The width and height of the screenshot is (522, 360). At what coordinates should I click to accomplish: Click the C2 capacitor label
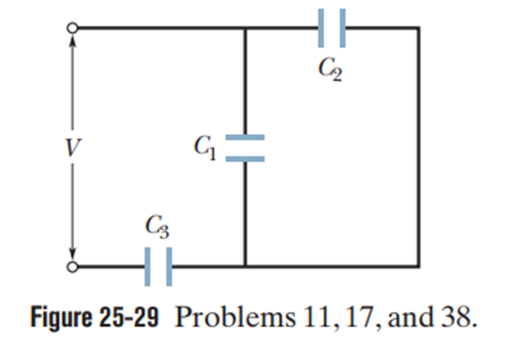(329, 69)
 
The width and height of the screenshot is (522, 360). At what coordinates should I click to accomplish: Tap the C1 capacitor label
(205, 148)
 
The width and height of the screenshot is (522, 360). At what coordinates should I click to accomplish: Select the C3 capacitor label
(157, 227)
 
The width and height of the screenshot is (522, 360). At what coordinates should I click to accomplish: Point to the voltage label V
(72, 147)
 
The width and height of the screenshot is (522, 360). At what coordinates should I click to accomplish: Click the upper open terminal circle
(72, 28)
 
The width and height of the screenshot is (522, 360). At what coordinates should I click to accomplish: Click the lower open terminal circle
(72, 267)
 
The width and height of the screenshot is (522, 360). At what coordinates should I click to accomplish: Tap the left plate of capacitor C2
(320, 28)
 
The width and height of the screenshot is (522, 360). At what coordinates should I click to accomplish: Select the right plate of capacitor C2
(342, 28)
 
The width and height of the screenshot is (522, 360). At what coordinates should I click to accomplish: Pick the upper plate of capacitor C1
(245, 137)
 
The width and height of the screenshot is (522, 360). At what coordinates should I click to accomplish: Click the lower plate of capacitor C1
(245, 159)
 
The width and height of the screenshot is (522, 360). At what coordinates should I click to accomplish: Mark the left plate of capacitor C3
(147, 267)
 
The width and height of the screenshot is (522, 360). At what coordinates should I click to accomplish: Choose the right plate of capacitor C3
(169, 267)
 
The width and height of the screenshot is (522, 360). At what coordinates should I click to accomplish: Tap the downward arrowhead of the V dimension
(73, 254)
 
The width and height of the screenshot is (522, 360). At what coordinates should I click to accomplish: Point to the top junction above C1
(245, 28)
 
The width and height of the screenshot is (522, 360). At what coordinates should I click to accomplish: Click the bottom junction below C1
(245, 267)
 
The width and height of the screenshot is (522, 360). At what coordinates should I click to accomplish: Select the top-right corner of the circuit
(418, 28)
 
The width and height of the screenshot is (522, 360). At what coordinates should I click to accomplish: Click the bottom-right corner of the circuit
(418, 267)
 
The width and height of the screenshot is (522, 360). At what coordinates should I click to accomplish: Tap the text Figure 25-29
(94, 317)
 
